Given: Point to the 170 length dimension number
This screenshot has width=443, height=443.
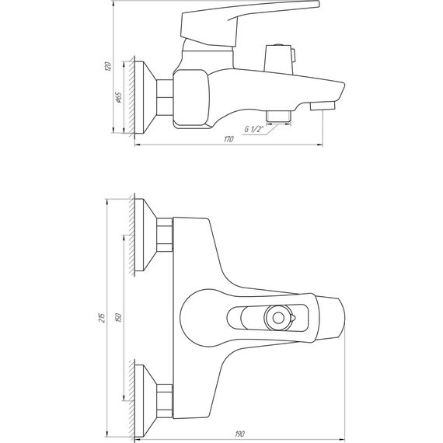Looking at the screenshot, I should (228, 140).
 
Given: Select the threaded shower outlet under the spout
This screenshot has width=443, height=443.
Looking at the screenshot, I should (277, 117).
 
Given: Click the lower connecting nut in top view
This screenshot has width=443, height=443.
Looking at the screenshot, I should (165, 397).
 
